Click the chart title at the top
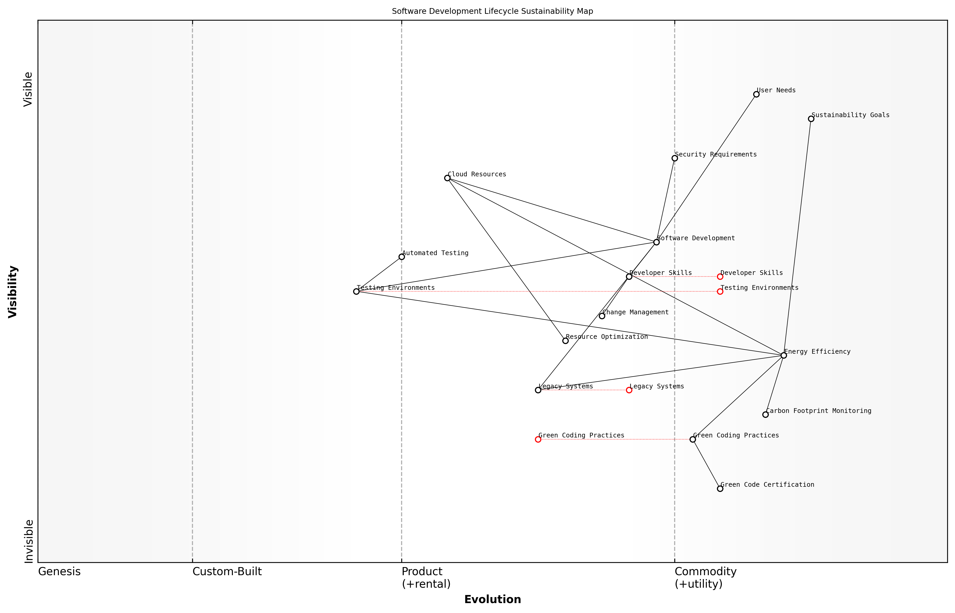tap(492, 11)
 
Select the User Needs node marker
tap(756, 94)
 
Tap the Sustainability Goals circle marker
tap(811, 119)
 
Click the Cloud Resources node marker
tap(447, 178)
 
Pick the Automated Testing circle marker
tap(402, 257)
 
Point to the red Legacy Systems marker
tap(629, 390)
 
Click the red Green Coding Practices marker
tap(538, 440)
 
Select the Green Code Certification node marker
tap(720, 489)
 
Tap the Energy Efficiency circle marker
tap(783, 356)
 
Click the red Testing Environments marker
tap(720, 291)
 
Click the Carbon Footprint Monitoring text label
tap(819, 411)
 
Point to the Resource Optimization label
tap(607, 337)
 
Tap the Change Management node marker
tap(602, 316)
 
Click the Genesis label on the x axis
tap(59, 572)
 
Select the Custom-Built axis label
tap(227, 572)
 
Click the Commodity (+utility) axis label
tap(705, 578)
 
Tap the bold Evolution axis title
tap(492, 599)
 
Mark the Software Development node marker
tap(656, 242)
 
